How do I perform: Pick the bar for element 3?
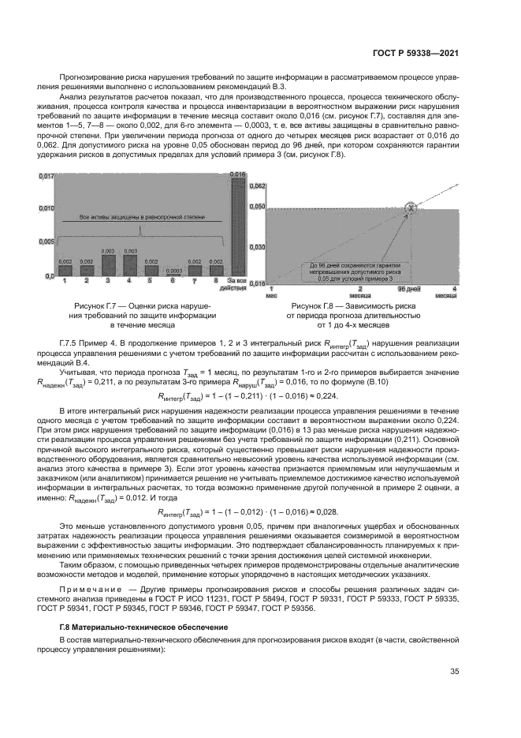tap(107, 264)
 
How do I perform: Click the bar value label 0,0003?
tap(172, 269)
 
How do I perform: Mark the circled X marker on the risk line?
tap(410, 208)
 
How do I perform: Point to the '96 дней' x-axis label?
tap(409, 289)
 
